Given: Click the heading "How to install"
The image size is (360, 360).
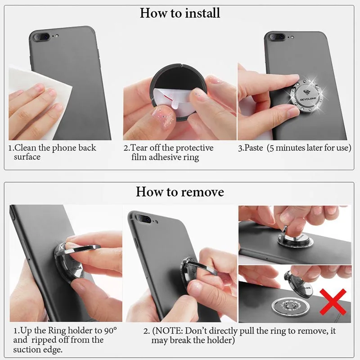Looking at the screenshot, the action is tap(180, 13).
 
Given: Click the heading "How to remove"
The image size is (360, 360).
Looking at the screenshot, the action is tap(180, 192).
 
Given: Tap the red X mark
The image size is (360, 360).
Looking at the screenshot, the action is tap(333, 302).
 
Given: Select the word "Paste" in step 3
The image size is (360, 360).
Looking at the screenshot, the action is tap(253, 148).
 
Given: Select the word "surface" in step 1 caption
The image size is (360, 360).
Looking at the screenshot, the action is tap(27, 157).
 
